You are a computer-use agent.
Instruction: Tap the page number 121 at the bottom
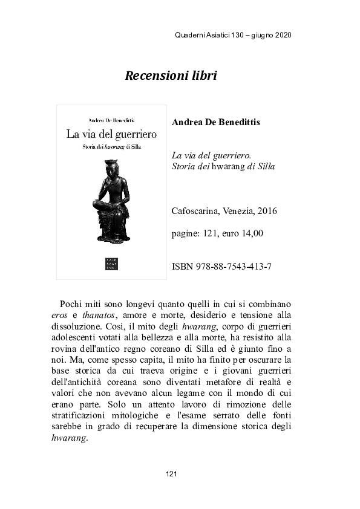(171, 473)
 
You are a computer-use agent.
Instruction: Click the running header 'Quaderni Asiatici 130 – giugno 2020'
(232, 35)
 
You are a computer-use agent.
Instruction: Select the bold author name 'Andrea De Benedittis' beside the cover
(216, 122)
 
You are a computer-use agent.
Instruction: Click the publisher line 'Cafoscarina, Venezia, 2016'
(224, 211)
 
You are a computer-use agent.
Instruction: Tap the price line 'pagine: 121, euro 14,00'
(217, 233)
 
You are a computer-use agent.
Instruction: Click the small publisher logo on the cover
(111, 264)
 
